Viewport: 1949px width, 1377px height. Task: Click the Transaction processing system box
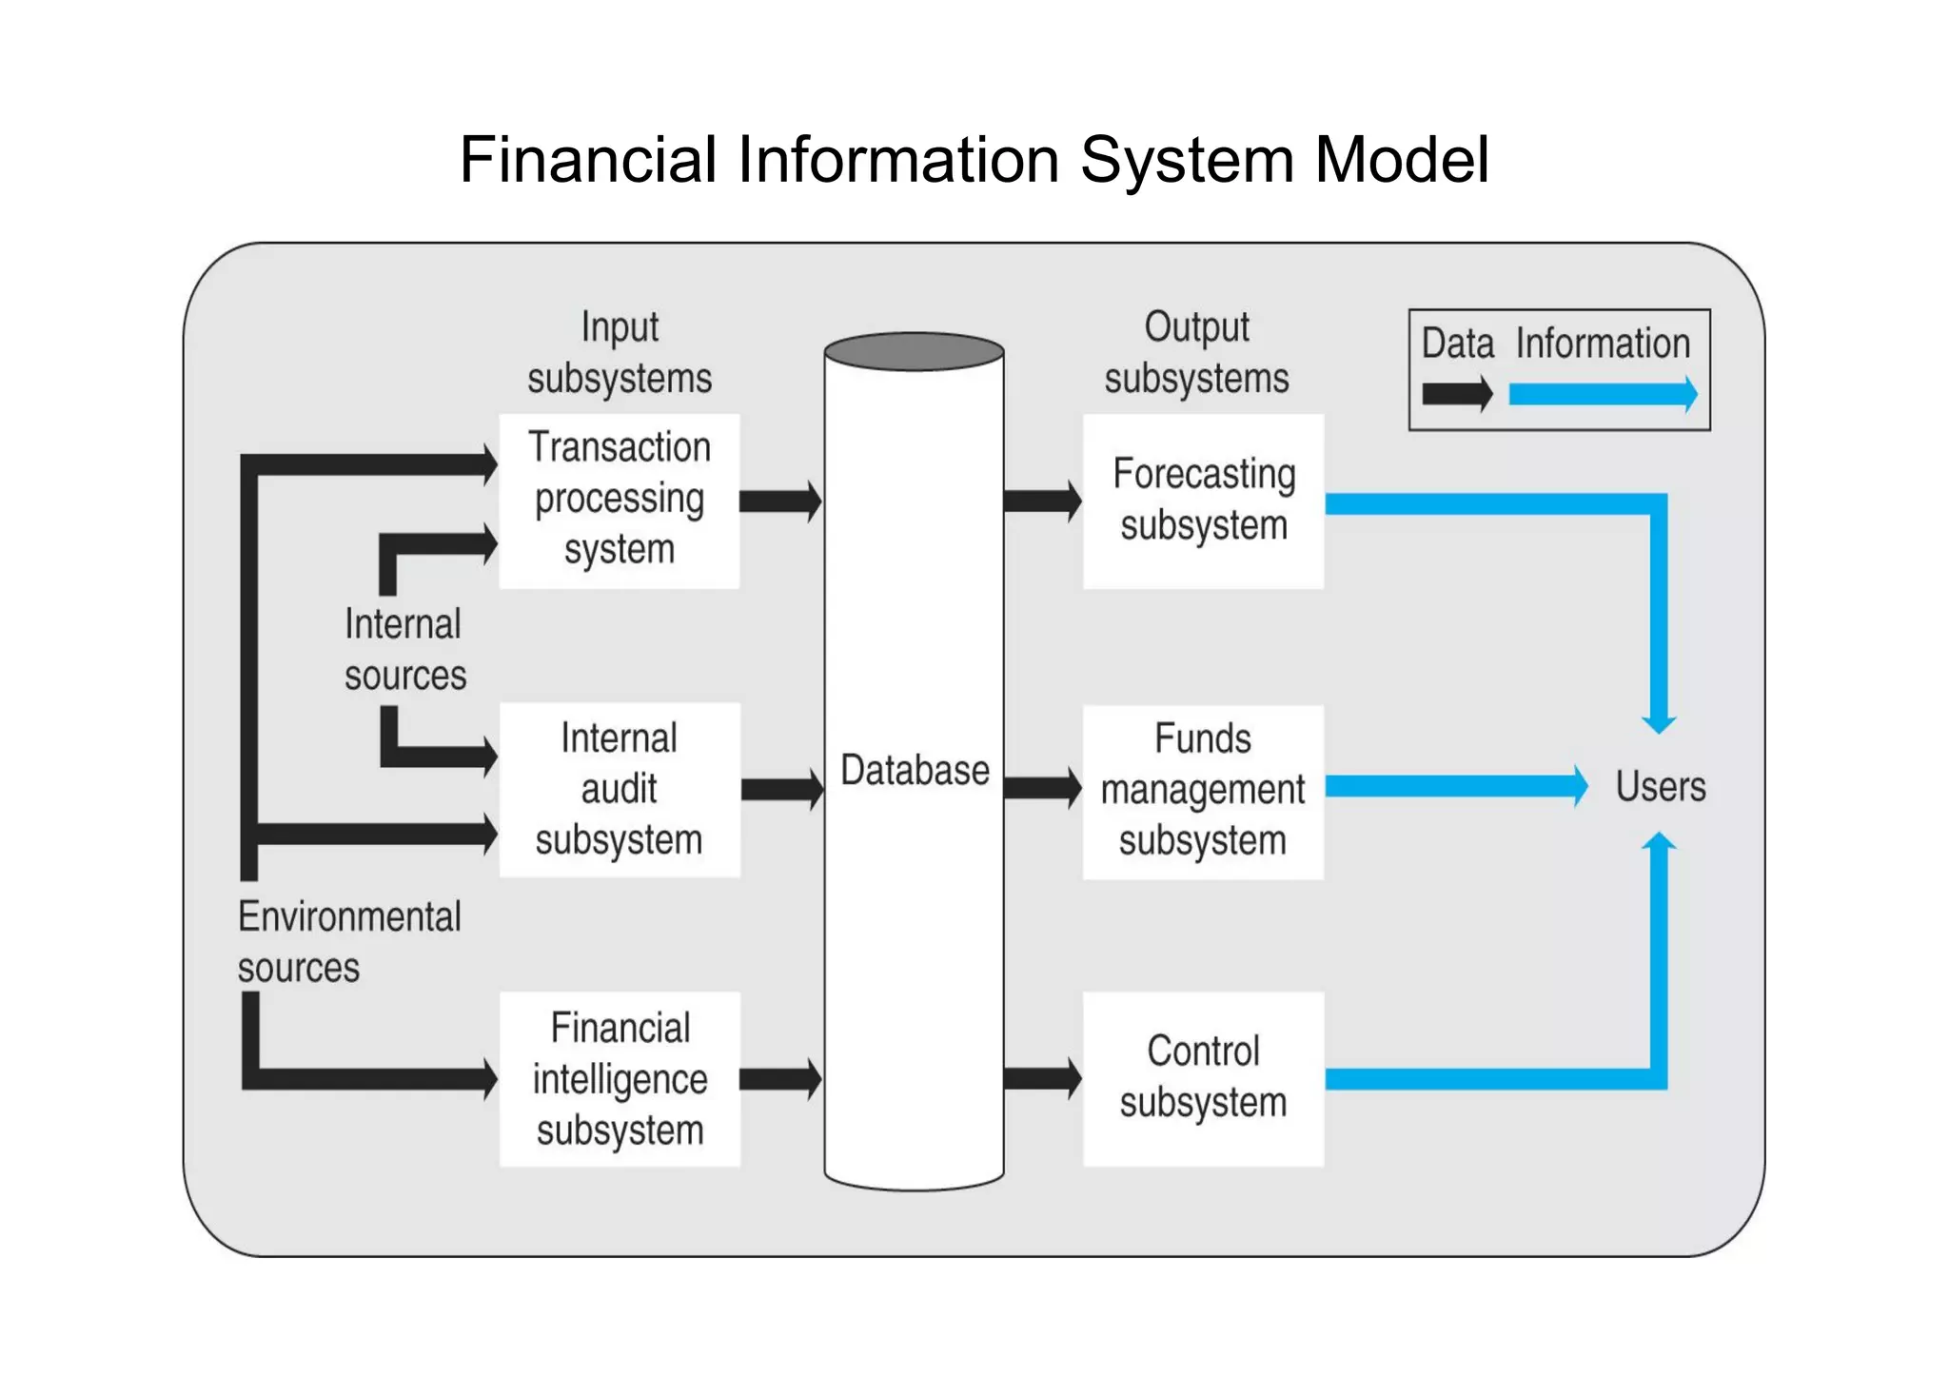click(619, 501)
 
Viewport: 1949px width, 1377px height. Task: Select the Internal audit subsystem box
click(619, 790)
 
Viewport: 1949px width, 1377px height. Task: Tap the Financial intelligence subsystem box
click(619, 1079)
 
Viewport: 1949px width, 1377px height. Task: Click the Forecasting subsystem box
click(1203, 501)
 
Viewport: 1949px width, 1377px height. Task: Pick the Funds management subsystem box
click(1203, 792)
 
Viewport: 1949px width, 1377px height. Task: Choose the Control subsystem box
click(1203, 1079)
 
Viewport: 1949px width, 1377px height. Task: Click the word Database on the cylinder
click(915, 771)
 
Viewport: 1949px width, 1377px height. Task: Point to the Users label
click(1661, 787)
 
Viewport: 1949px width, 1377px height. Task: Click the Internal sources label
click(404, 650)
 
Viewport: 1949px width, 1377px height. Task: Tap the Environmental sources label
click(348, 942)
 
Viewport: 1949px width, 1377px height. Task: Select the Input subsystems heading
click(620, 353)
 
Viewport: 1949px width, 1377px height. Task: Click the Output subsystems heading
click(1196, 353)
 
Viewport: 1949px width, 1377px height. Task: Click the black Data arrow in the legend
click(1456, 394)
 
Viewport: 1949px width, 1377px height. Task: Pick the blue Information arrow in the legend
click(1603, 394)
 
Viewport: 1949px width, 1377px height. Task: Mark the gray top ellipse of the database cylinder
click(914, 351)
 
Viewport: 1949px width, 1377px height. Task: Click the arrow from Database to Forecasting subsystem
click(1043, 502)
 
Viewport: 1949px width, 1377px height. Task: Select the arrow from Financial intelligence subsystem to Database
click(780, 1079)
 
